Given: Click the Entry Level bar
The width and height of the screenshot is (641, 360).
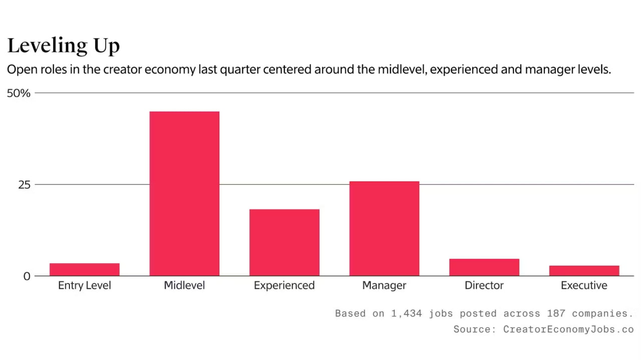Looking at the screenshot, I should [84, 269].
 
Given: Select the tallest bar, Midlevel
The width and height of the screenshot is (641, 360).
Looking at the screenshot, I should [184, 194].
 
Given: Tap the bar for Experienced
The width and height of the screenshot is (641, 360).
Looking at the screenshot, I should [284, 242].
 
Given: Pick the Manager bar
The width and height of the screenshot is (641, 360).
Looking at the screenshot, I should [384, 228].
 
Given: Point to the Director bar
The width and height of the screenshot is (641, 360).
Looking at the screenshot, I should [484, 267].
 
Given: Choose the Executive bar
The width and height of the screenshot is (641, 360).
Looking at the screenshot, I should [584, 270].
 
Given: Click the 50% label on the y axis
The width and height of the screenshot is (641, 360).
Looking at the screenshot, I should [19, 93].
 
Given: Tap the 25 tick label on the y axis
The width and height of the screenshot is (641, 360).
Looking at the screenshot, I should [25, 185].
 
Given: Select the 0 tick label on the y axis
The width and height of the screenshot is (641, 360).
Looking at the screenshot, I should [27, 276].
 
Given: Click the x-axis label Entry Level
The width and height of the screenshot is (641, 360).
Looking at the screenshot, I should [84, 285].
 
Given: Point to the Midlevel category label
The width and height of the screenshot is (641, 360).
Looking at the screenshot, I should [184, 285].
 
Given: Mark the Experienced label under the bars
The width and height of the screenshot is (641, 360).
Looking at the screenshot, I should [284, 285].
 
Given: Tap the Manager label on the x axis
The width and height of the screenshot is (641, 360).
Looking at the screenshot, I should [384, 285].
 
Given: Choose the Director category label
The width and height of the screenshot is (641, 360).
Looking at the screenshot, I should [484, 285].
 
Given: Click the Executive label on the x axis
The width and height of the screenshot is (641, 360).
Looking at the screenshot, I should [584, 285].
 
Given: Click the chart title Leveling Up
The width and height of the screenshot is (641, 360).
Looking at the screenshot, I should [64, 46].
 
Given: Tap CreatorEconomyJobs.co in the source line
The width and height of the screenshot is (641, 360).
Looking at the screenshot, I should [568, 329].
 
